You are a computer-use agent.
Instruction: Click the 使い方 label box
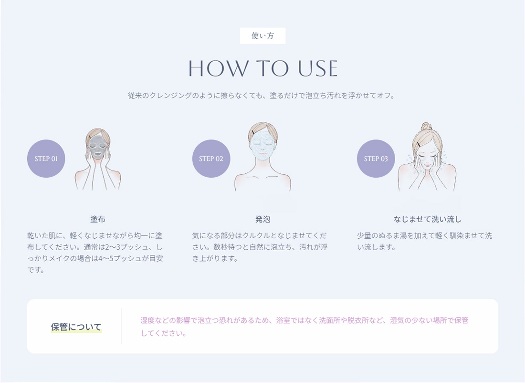coord(262,36)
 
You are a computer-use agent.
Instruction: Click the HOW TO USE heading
coord(263,69)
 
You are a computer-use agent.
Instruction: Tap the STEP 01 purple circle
coord(46,159)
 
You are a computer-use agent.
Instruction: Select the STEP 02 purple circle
coord(211,159)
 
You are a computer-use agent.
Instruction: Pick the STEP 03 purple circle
coord(376,159)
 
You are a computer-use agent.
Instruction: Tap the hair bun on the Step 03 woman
coord(426,127)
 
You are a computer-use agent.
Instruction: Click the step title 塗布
coord(97,219)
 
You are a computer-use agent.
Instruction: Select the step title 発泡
coord(262,219)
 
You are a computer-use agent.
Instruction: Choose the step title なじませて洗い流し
coord(427,219)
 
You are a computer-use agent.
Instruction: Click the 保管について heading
coord(76,327)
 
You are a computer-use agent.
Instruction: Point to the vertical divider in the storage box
coord(121,326)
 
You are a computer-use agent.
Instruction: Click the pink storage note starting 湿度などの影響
coord(304,327)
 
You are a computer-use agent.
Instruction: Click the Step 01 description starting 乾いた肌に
coord(95,253)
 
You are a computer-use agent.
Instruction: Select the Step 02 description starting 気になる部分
coord(260,247)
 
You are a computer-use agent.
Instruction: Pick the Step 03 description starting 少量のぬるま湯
coord(424,241)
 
